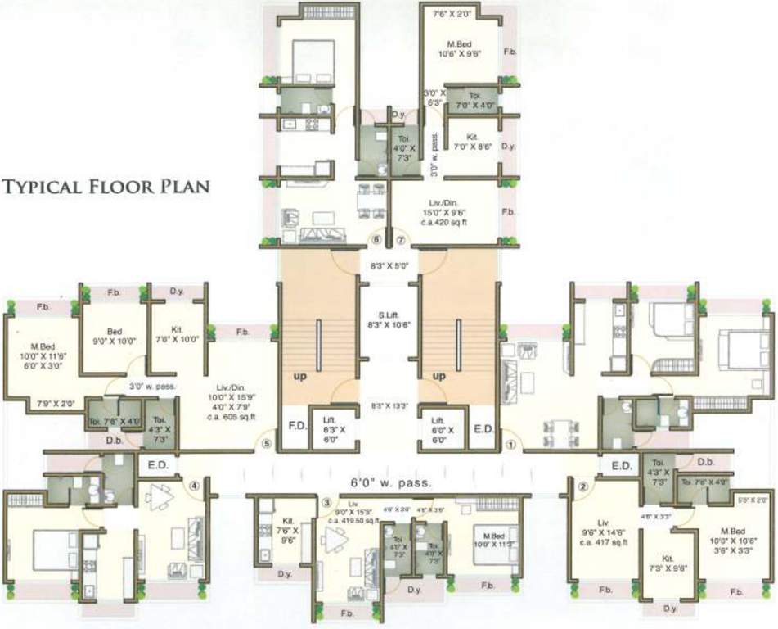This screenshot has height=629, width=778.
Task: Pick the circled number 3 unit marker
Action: tap(326, 502)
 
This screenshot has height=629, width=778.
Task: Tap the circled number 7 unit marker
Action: tap(400, 241)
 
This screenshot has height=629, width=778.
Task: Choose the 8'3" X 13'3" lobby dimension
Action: tap(389, 405)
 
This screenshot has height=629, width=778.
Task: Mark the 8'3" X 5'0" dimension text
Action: tap(389, 266)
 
